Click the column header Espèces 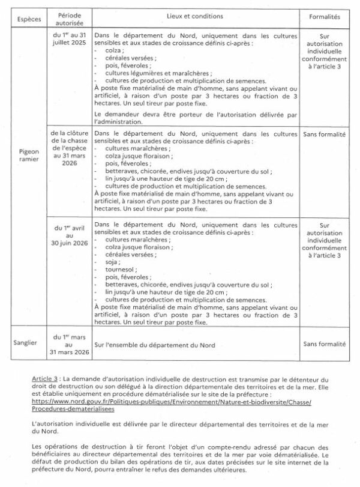click(x=29, y=19)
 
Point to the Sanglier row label click(x=29, y=345)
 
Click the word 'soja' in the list click(x=110, y=262)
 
